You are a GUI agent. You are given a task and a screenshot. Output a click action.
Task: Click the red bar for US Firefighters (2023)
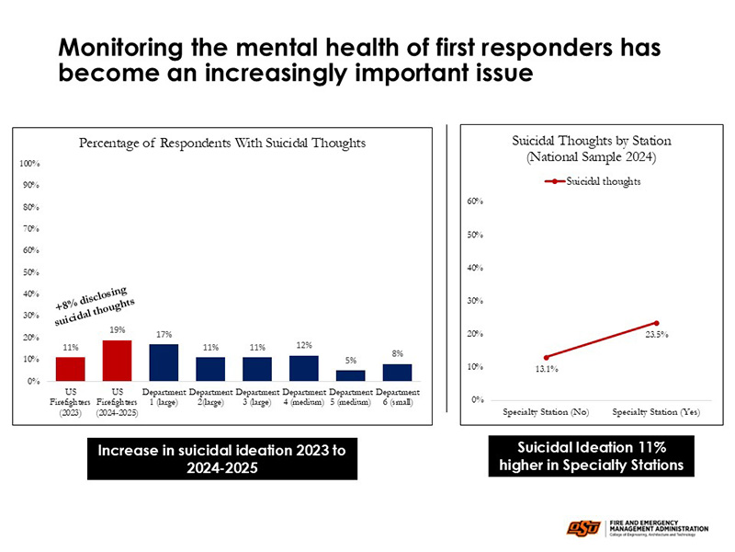coord(70,369)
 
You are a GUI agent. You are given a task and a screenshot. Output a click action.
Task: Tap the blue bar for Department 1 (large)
coord(164,362)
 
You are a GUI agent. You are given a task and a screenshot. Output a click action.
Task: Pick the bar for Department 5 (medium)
coord(350,375)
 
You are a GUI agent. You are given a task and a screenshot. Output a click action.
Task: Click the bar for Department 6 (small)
coord(397,373)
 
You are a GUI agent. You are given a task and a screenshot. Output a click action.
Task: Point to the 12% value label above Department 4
coord(303,345)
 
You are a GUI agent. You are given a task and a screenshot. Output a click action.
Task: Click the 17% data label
coord(164,334)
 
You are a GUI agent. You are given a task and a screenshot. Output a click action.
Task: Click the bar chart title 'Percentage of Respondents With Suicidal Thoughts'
coord(222,143)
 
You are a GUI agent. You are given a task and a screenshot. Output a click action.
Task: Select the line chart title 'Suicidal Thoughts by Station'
coord(591,141)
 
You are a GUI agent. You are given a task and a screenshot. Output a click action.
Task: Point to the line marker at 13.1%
coord(547,357)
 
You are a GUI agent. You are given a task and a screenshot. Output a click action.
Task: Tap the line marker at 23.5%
coord(657,323)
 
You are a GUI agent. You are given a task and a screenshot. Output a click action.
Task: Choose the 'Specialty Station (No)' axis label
coord(546,411)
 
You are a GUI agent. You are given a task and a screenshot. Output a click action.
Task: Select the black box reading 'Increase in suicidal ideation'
coord(221,457)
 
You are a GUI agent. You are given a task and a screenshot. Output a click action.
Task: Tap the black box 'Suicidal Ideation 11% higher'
coord(591,455)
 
